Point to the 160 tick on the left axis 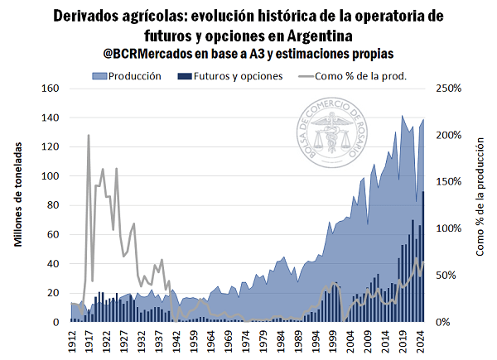51,89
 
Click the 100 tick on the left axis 51,176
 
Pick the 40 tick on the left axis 54,264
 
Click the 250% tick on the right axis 445,89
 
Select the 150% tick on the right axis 445,182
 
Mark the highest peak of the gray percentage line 89,135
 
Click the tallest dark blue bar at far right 423,257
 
